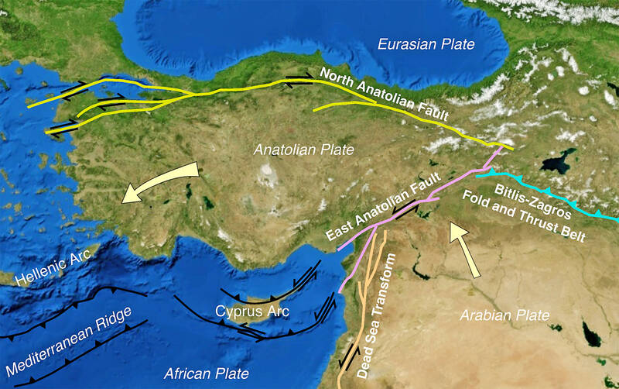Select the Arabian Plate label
504,315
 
